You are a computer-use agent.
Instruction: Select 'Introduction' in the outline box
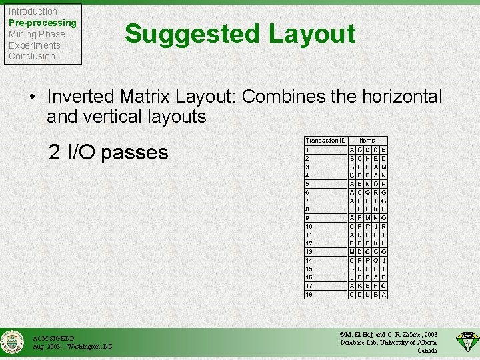click(33, 11)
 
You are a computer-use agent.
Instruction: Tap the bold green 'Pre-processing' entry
click(42, 23)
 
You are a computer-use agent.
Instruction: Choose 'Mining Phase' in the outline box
click(37, 34)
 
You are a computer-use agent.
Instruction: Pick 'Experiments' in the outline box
click(34, 45)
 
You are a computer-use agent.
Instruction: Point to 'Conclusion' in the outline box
click(31, 56)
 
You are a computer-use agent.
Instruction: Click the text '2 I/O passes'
click(109, 153)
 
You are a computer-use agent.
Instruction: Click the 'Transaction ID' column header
click(325, 141)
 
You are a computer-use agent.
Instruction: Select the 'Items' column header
click(367, 141)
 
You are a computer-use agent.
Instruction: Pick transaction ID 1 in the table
click(307, 149)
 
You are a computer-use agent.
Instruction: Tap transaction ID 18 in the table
click(309, 294)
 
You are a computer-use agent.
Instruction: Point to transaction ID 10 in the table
click(309, 226)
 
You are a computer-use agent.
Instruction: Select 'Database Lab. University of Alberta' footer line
click(389, 342)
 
